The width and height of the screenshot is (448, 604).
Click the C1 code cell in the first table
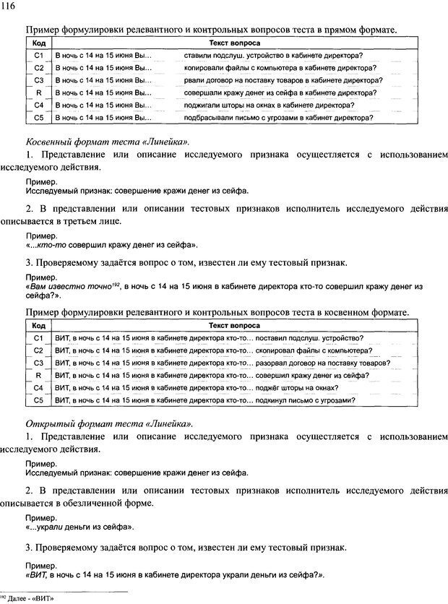[x=39, y=55]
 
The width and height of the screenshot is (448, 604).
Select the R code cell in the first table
[x=39, y=92]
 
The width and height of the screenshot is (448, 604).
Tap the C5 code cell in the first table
[x=39, y=117]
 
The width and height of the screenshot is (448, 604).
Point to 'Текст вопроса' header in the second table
[x=230, y=326]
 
